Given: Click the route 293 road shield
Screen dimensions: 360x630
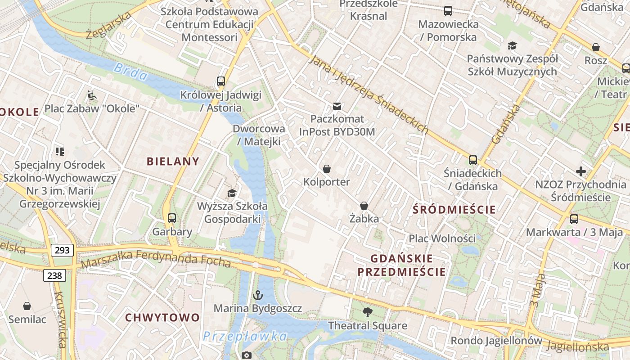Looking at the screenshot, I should [62, 250].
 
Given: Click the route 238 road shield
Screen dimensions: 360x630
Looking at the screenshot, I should [54, 275].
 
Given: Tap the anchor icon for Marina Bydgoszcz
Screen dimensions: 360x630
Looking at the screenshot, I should [257, 295].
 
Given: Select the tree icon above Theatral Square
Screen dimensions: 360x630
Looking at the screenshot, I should [367, 312].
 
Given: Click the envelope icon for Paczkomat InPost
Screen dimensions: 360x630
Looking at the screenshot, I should [337, 106].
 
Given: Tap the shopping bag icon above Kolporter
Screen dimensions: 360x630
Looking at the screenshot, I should [327, 169].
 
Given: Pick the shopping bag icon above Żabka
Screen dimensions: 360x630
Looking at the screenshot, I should [364, 206].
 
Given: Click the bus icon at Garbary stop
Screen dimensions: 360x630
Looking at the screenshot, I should [172, 218].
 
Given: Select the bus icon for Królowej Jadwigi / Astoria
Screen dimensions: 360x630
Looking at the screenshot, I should [220, 81].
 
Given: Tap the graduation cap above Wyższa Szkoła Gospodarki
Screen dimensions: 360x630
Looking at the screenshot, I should [232, 193].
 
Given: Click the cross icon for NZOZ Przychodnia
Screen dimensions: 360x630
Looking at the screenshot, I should [581, 171].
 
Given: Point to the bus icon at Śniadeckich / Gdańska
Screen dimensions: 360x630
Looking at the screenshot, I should [472, 160].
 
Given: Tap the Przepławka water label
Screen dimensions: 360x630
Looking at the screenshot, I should [244, 336].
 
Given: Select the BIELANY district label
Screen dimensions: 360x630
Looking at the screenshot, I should [173, 162].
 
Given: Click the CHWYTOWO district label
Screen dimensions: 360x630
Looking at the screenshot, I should [162, 317].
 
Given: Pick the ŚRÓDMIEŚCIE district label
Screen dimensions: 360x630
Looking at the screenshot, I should [454, 209].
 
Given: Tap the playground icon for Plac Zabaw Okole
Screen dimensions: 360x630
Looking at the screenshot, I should [92, 95].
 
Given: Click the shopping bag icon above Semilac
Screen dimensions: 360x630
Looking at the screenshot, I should [27, 306].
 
